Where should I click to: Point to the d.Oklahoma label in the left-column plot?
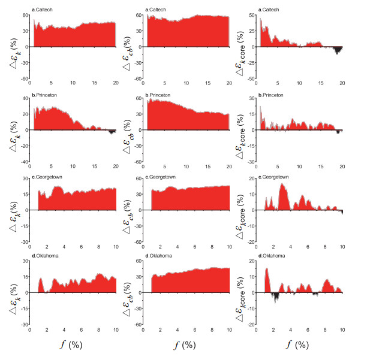click(x=42, y=256)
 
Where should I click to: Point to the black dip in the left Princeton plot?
click(x=111, y=132)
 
